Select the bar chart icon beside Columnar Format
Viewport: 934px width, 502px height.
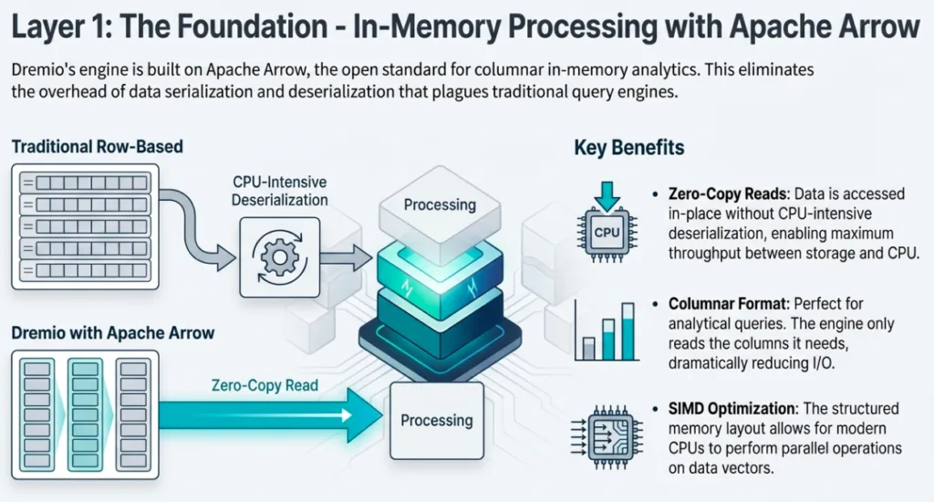tap(606, 329)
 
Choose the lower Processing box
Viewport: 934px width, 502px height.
tap(437, 421)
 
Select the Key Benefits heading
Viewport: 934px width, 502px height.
tap(628, 148)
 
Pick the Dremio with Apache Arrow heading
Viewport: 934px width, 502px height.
tap(113, 332)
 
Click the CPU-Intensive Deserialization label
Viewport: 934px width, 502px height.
tap(280, 191)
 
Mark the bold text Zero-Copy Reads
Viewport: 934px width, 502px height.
tap(722, 194)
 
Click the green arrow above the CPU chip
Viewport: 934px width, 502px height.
tap(607, 193)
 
